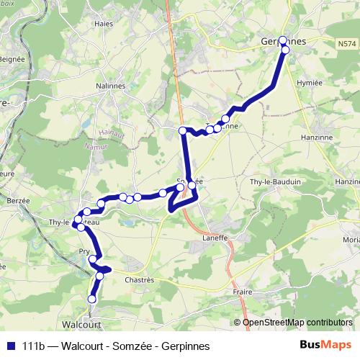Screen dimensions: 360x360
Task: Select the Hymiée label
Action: click(x=310, y=83)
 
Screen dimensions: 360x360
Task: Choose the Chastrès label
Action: click(x=140, y=279)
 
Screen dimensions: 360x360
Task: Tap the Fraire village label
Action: click(x=243, y=292)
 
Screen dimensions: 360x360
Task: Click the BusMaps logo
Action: click(x=325, y=344)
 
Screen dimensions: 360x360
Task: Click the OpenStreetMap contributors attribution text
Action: click(x=297, y=322)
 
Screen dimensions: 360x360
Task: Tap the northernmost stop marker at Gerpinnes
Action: click(x=283, y=40)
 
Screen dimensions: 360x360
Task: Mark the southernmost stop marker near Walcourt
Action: click(x=92, y=299)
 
